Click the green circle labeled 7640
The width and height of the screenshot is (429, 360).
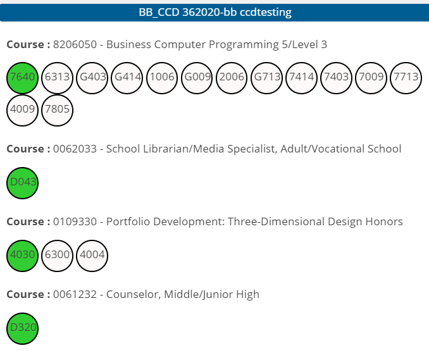click(x=23, y=78)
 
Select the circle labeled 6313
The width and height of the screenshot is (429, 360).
click(x=58, y=78)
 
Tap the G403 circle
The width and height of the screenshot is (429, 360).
click(x=92, y=78)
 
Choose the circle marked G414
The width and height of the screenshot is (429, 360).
click(x=127, y=78)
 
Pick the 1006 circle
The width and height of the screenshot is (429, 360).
click(x=162, y=78)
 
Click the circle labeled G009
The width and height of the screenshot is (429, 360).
click(x=197, y=78)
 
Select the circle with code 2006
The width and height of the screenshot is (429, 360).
click(x=232, y=78)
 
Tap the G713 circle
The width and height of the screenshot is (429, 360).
click(x=266, y=78)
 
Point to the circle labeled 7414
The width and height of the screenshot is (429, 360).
click(x=301, y=78)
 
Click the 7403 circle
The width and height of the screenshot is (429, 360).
click(x=336, y=78)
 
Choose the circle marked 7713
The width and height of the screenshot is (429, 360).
click(x=406, y=78)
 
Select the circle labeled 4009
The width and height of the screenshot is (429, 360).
click(x=23, y=111)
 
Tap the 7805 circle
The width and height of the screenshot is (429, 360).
click(x=58, y=111)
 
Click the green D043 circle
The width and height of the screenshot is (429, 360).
click(x=23, y=183)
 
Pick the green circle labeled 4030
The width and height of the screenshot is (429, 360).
click(x=23, y=256)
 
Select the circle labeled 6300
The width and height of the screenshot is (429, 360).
click(x=58, y=256)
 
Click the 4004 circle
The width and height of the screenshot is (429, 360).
click(x=92, y=256)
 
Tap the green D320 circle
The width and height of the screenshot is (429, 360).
click(x=23, y=328)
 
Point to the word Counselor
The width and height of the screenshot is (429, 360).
click(x=127, y=294)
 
